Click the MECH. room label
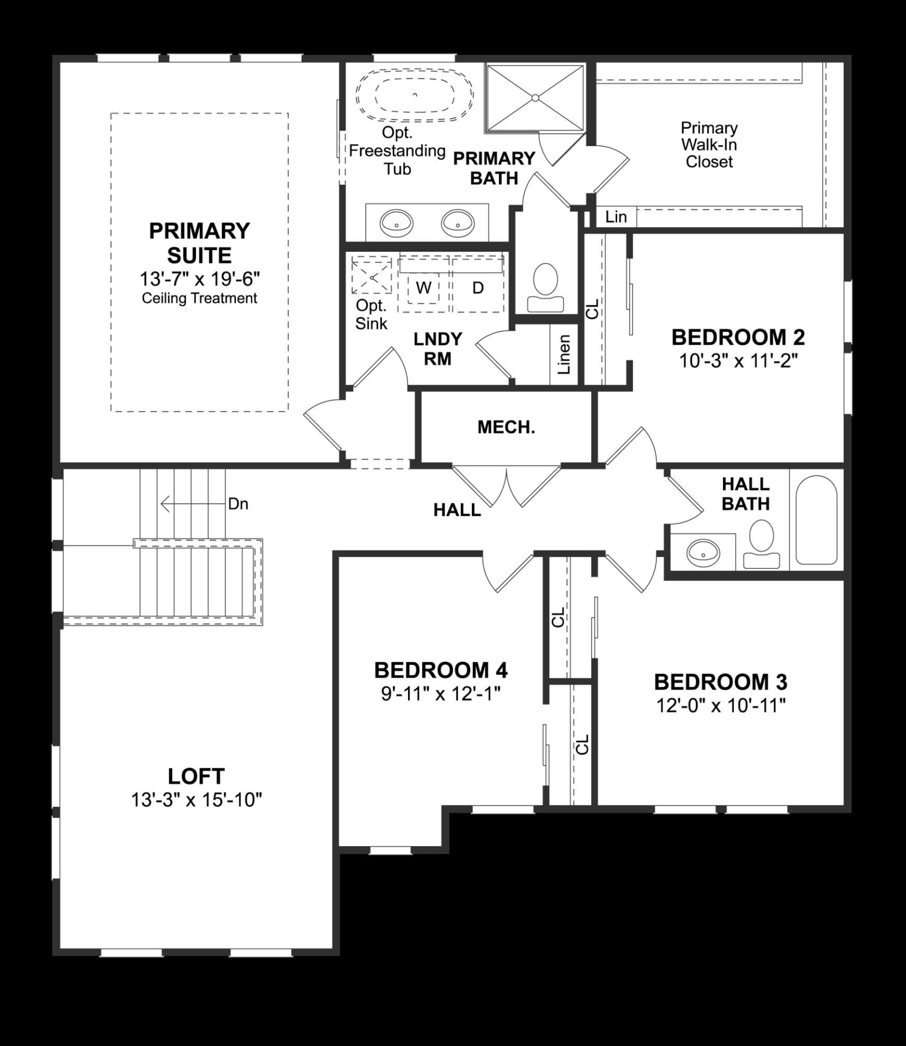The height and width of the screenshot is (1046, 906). (x=506, y=428)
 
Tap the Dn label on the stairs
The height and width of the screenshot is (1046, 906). (x=238, y=504)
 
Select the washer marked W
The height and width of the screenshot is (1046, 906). (x=423, y=288)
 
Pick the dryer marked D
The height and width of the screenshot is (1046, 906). (x=478, y=288)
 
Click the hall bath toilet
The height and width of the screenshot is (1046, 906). (x=762, y=544)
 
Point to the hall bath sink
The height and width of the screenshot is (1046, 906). (x=703, y=554)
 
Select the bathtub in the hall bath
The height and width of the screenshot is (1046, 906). (x=816, y=520)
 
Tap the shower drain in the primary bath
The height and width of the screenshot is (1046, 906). (x=536, y=98)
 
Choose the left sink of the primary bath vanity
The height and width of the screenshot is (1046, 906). (x=396, y=222)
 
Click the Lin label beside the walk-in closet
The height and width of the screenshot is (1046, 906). (x=616, y=217)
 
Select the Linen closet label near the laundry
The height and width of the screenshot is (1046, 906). (x=564, y=355)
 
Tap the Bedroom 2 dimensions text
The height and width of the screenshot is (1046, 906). (x=738, y=361)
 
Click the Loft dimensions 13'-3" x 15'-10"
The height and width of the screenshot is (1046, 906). (x=197, y=800)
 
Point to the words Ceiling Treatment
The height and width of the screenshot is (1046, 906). (x=199, y=299)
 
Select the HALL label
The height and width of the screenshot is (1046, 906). (x=457, y=510)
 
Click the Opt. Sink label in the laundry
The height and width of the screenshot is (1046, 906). (x=371, y=314)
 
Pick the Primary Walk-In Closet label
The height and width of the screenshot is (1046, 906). (x=709, y=145)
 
